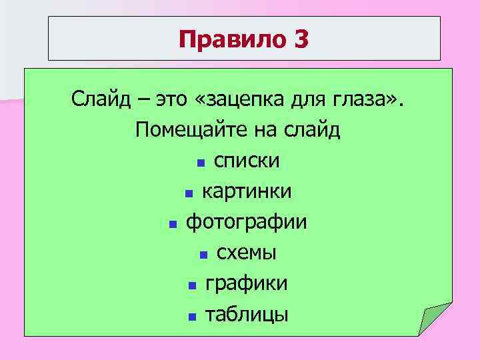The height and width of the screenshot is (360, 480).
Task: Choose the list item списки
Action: coord(247,161)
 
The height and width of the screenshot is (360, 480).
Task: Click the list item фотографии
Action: coord(247,221)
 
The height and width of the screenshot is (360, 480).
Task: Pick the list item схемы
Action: coord(247,253)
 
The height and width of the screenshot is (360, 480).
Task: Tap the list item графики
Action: coord(247,283)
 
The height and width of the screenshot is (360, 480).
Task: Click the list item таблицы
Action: coord(247,314)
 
